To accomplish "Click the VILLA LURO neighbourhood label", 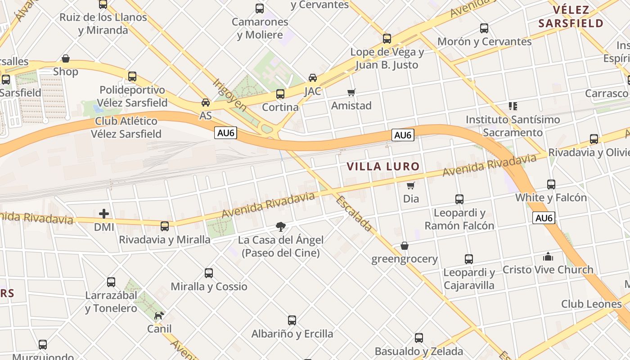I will pyautogui.click(x=383, y=166).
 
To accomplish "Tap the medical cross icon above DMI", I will pyautogui.click(x=104, y=214).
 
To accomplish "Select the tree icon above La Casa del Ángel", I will pyautogui.click(x=281, y=226).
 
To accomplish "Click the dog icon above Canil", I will pyautogui.click(x=159, y=315).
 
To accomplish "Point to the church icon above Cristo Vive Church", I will pyautogui.click(x=548, y=256).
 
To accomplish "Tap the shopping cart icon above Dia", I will pyautogui.click(x=410, y=185).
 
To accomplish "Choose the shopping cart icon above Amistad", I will pyautogui.click(x=351, y=92).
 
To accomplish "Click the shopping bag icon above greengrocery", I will pyautogui.click(x=405, y=246).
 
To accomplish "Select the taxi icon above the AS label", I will pyautogui.click(x=206, y=103).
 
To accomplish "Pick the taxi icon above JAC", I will pyautogui.click(x=312, y=78).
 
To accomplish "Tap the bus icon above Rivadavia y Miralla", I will pyautogui.click(x=165, y=226).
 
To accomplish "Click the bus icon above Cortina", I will pyautogui.click(x=280, y=94).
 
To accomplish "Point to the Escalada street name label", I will pyautogui.click(x=354, y=214).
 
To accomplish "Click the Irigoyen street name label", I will pyautogui.click(x=230, y=95).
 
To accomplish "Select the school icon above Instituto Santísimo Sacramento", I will pyautogui.click(x=513, y=106).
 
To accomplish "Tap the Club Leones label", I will pyautogui.click(x=591, y=304).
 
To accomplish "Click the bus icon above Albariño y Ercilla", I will pyautogui.click(x=292, y=320).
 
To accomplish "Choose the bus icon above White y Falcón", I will pyautogui.click(x=551, y=184).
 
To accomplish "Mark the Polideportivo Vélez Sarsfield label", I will pyautogui.click(x=132, y=96).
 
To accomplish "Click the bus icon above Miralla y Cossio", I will pyautogui.click(x=209, y=273).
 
